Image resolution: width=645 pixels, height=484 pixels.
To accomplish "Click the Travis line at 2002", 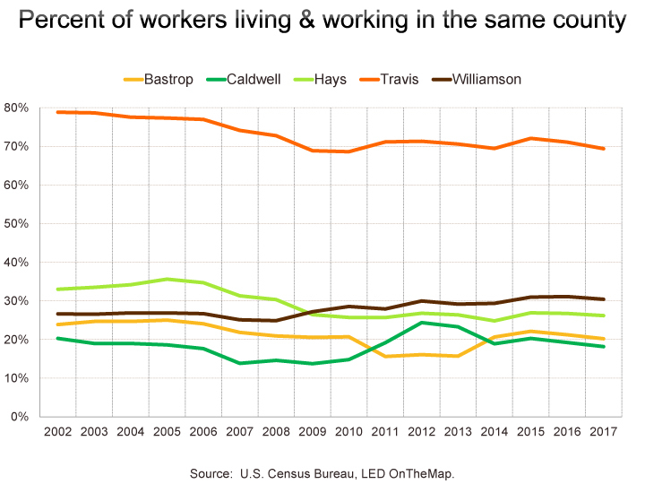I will click(58, 112).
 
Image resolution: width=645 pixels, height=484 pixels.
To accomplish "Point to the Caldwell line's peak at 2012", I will click(420, 323).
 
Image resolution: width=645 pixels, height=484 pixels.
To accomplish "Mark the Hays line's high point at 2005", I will click(167, 280).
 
